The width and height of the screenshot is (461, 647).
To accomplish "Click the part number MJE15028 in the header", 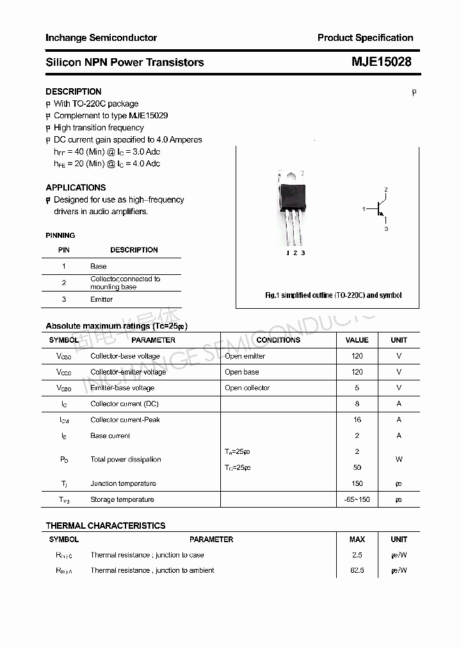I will pyautogui.click(x=381, y=62).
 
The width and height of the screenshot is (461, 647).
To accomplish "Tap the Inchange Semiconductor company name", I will pyautogui.click(x=101, y=38).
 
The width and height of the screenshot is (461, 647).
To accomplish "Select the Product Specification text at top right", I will pyautogui.click(x=365, y=38).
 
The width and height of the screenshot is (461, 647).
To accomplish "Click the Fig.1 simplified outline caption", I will pyautogui.click(x=333, y=295).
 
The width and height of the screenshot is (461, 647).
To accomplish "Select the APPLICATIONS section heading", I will pyautogui.click(x=76, y=187).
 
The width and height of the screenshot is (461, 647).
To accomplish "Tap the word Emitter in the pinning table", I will pyautogui.click(x=101, y=299).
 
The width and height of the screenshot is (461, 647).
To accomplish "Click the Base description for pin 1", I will pyautogui.click(x=99, y=266).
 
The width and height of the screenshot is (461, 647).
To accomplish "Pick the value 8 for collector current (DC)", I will pyautogui.click(x=357, y=404).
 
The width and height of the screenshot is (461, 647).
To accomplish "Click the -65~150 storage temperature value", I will pyautogui.click(x=357, y=499).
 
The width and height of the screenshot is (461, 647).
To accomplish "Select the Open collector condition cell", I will pyautogui.click(x=247, y=388).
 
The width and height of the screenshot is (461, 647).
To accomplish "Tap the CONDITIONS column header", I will pyautogui.click(x=278, y=340).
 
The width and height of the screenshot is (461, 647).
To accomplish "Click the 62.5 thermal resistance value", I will pyautogui.click(x=357, y=570).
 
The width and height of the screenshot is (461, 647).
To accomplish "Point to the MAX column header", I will pyautogui.click(x=357, y=540).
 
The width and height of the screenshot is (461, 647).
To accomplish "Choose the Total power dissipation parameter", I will pyautogui.click(x=125, y=460).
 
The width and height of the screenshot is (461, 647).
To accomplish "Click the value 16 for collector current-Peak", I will pyautogui.click(x=357, y=420).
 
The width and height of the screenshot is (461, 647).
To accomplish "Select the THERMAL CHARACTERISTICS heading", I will pyautogui.click(x=106, y=526).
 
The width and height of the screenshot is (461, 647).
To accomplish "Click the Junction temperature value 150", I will pyautogui.click(x=357, y=484).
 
